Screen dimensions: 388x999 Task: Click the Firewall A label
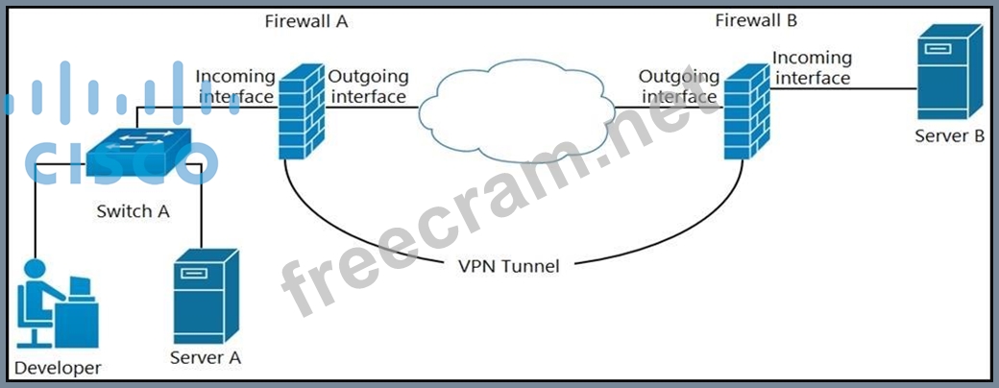305,21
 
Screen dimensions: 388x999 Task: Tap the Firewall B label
756,19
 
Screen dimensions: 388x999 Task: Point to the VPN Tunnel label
508,266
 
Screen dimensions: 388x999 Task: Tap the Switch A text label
134,211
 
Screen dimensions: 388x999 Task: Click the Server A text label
205,358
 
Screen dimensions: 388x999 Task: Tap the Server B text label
949,136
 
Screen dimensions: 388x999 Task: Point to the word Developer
58,368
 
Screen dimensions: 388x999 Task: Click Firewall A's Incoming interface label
235,85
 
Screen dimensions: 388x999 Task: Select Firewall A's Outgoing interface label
368,85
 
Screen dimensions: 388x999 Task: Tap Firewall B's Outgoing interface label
679,85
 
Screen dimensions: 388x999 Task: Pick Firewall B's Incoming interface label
812,68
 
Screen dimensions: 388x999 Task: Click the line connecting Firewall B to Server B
845,88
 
